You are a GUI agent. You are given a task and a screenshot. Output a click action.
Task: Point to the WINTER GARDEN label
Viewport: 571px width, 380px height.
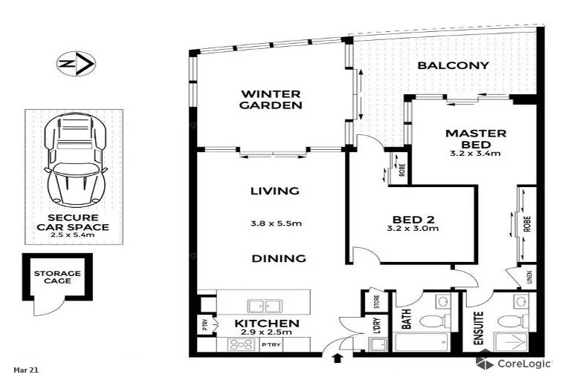270,99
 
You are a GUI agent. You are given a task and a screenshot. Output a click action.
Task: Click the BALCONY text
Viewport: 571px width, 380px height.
453,65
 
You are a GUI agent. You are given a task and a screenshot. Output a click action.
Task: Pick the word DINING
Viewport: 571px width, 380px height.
278,258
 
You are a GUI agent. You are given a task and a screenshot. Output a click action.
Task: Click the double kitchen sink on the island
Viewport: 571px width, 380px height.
259,305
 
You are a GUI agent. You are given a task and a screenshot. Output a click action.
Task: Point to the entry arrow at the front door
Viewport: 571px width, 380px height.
338,359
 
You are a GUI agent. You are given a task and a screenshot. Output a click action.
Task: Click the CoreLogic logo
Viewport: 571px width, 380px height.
514,363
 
